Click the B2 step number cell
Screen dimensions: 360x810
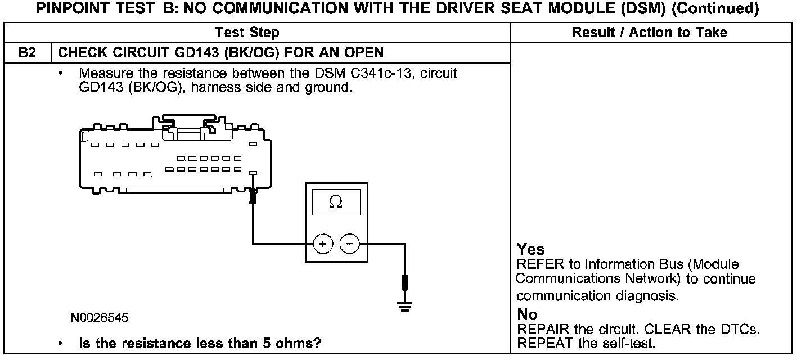tap(27, 53)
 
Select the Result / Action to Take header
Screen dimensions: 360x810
tap(649, 33)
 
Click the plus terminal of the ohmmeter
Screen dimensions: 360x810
tap(322, 244)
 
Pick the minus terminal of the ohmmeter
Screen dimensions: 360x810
tap(349, 244)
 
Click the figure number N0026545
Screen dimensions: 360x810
tap(100, 318)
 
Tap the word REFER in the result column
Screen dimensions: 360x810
tap(537, 264)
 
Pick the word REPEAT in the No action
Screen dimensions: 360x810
tap(540, 343)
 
